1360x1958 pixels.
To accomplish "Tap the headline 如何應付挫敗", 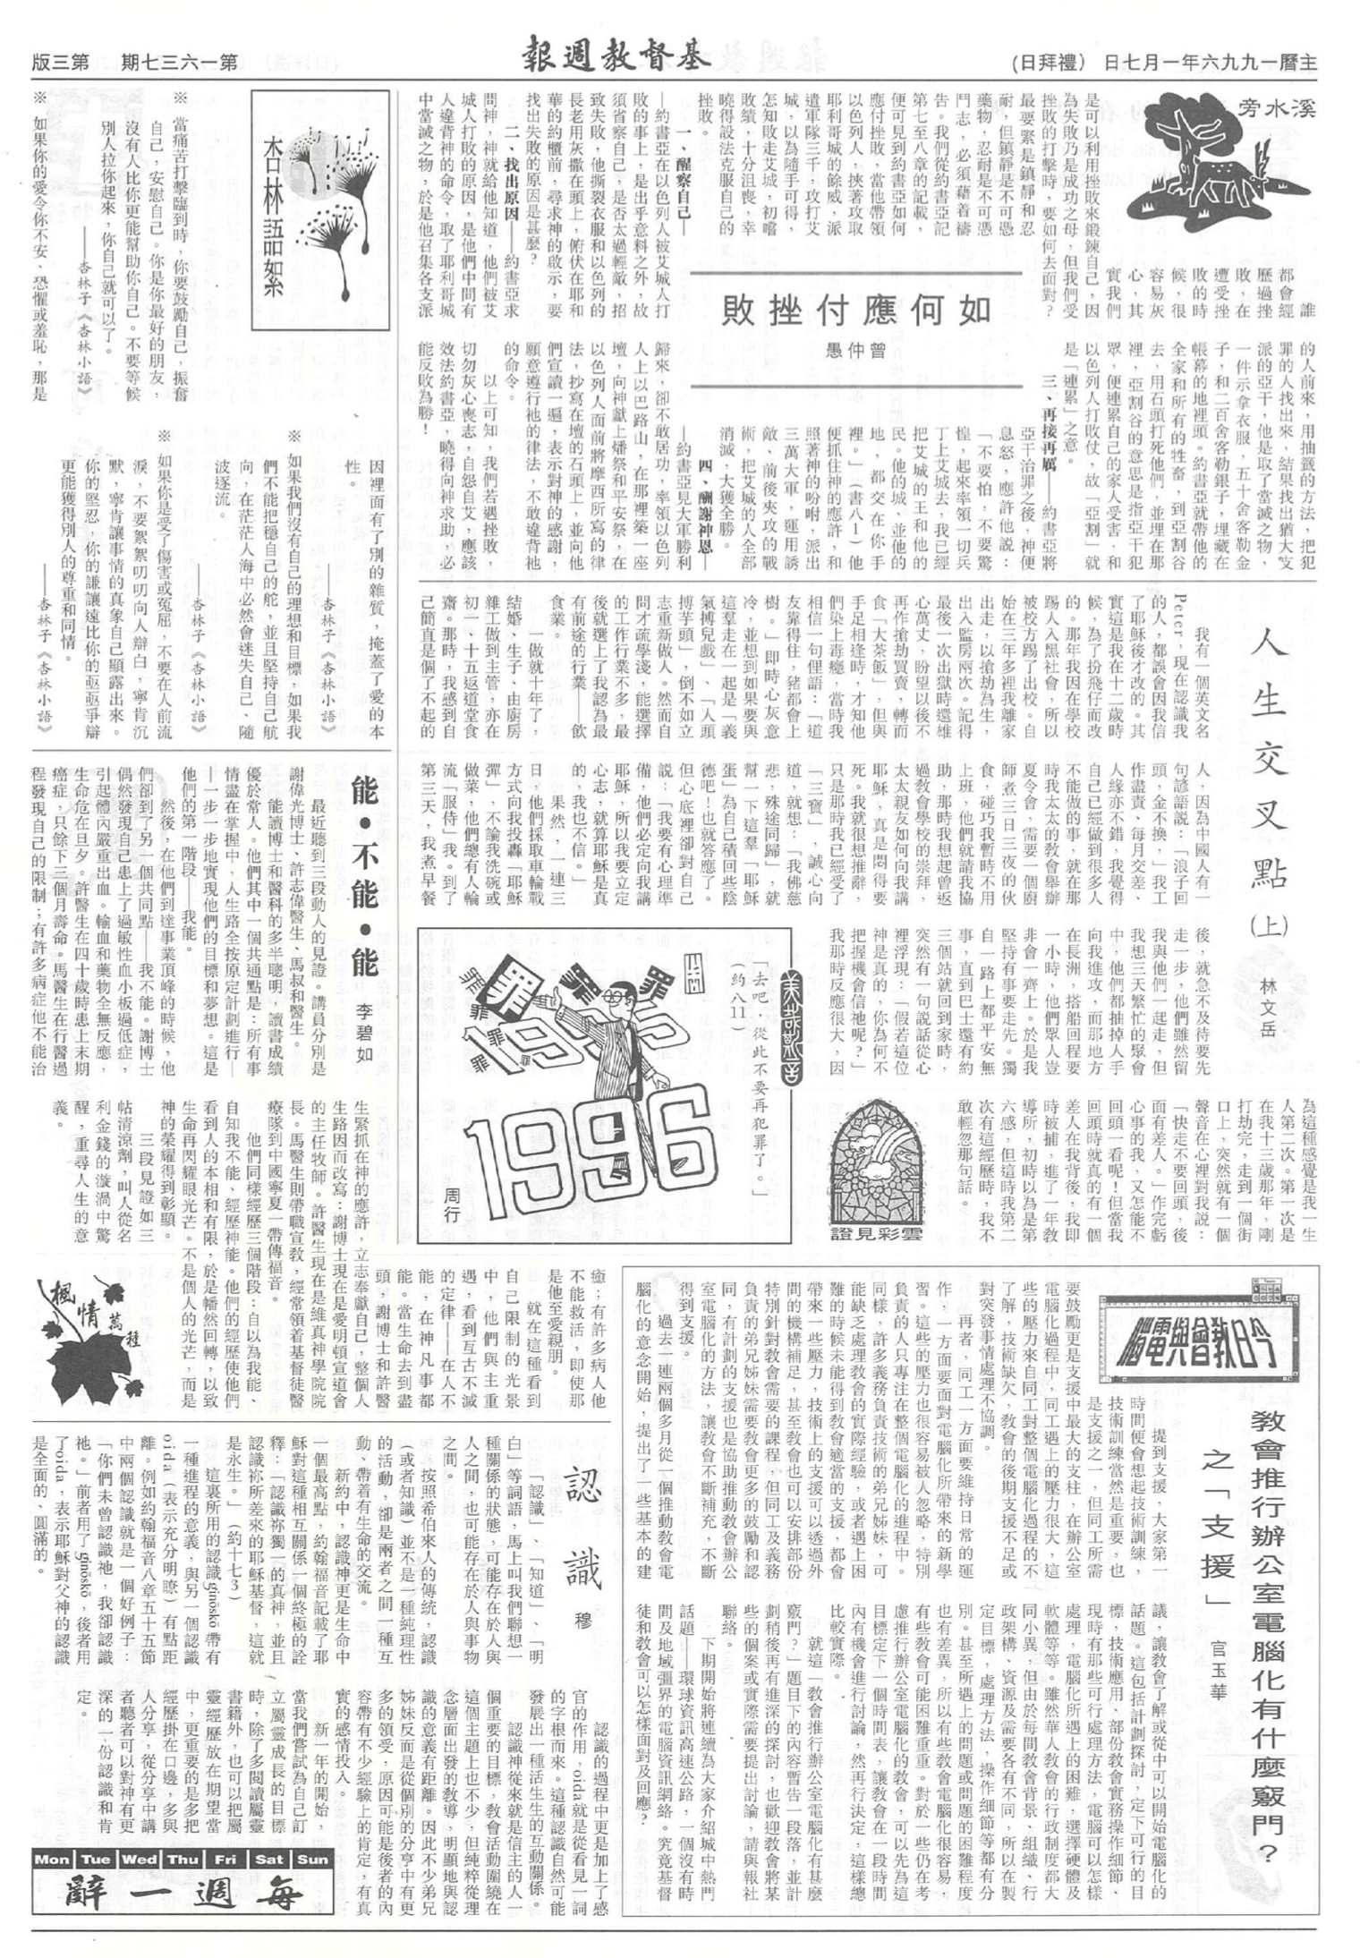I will coord(857,310).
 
